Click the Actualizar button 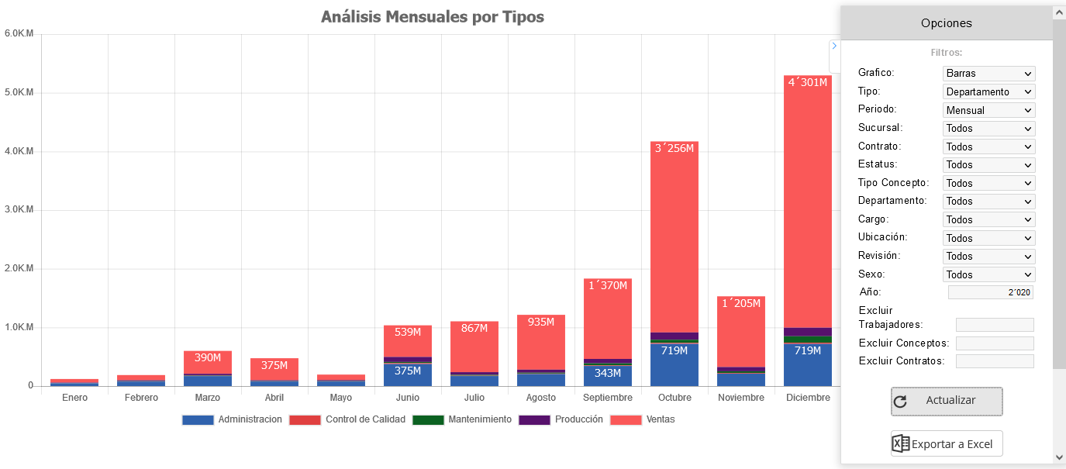pos(947,401)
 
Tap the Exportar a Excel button pos(947,444)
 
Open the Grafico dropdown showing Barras pos(988,74)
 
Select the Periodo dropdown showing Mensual pos(988,110)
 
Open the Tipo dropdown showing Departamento pos(988,91)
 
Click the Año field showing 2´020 pos(990,292)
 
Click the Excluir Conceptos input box pos(995,343)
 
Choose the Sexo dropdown pos(988,274)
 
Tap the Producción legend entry pos(561,419)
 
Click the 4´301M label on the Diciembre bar pos(808,83)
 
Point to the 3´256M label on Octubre pos(674,149)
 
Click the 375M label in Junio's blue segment pos(408,371)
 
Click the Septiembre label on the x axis pos(608,398)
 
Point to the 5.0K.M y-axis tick pos(19,93)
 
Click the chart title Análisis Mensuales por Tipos pos(433,17)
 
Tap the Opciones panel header pos(946,23)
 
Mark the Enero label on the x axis pos(74,398)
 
